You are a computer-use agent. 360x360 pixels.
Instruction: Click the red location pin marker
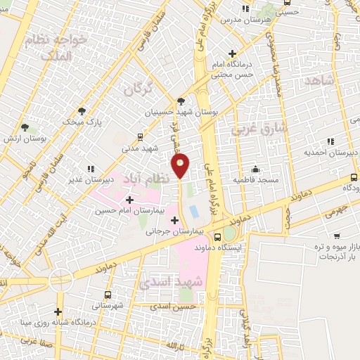coord(181,167)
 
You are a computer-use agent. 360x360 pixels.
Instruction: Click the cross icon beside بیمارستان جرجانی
coord(174,220)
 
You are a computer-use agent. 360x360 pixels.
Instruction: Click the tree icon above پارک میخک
coord(83,111)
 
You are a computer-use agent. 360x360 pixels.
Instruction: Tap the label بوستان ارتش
coord(44,139)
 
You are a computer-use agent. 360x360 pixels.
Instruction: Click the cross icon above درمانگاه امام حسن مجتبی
coord(233,53)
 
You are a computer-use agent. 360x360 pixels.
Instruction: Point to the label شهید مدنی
coord(141,148)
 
